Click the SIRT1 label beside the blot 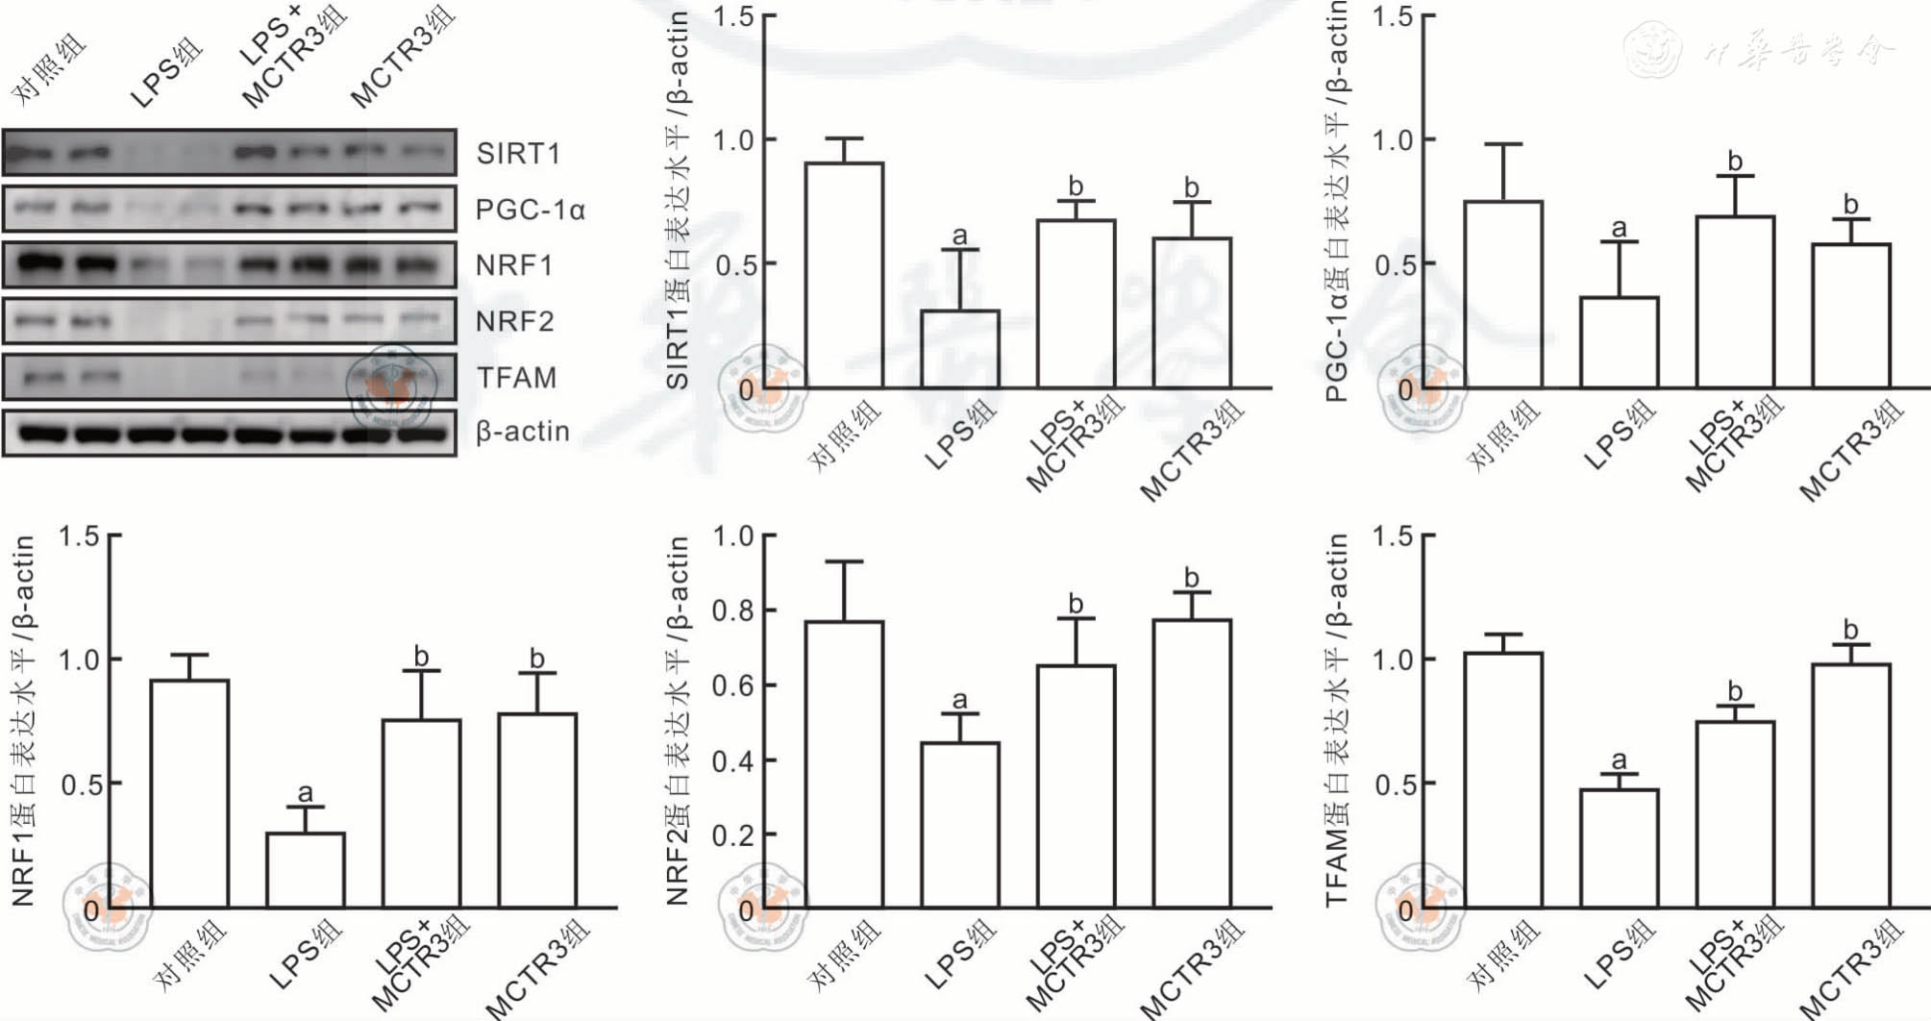coord(517,154)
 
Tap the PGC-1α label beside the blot coord(530,210)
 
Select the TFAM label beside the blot coord(516,378)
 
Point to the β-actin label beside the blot coord(523,432)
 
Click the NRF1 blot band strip coord(229,264)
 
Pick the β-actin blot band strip coord(229,434)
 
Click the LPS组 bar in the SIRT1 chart coord(960,349)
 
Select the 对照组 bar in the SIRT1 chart coord(844,276)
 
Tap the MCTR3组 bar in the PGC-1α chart coord(1850,316)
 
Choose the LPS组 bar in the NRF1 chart coord(305,870)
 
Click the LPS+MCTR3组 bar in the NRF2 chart coord(1076,786)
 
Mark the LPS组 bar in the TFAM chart coord(1619,849)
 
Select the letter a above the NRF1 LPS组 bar coord(305,792)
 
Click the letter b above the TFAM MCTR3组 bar coord(1850,631)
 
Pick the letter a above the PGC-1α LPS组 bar coord(1619,228)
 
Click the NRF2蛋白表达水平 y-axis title coord(678,721)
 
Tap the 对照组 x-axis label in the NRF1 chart coord(191,954)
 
